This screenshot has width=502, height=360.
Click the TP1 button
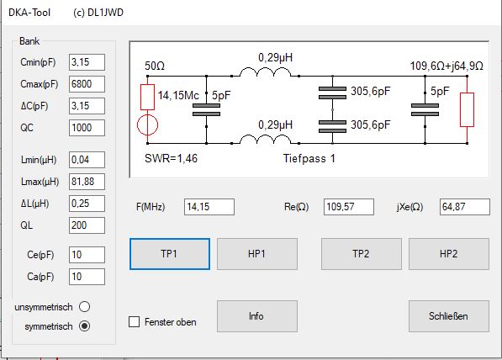pos(170,254)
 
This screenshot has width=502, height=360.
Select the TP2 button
pos(361,254)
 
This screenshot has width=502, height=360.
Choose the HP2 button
pos(448,254)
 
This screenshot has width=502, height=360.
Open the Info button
pos(256,316)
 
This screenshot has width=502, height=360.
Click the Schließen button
pos(448,316)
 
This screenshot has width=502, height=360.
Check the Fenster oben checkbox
pos(135,321)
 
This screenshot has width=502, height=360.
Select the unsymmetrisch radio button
pos(85,306)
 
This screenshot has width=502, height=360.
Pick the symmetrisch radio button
pos(85,326)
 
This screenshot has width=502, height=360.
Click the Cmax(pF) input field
pos(87,84)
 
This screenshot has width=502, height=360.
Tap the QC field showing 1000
pos(87,128)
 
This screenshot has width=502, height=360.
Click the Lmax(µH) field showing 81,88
pos(87,182)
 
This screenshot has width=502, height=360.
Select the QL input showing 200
pos(87,225)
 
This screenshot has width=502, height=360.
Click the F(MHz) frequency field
pos(209,207)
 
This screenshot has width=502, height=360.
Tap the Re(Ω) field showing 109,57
pos(349,207)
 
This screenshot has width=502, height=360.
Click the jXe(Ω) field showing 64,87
pos(464,207)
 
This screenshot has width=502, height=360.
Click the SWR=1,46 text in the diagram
pos(171,158)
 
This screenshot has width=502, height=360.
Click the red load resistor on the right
pos(467,109)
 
